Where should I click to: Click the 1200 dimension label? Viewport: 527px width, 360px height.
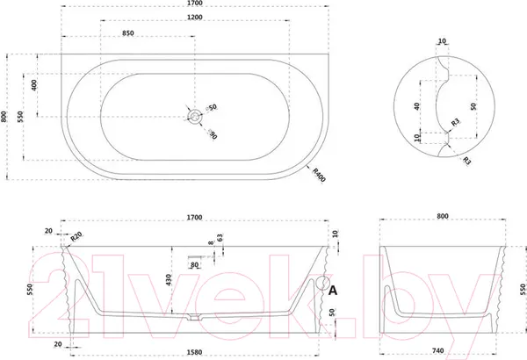click(195, 18)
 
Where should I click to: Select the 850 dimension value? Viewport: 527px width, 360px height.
click(127, 33)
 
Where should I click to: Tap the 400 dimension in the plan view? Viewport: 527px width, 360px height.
click(34, 85)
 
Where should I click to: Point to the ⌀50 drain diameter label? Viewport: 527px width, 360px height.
click(212, 108)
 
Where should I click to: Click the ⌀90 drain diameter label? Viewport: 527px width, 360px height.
click(213, 133)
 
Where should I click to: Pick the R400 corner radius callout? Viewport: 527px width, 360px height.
click(319, 175)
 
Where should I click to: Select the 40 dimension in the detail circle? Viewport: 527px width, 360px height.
click(416, 106)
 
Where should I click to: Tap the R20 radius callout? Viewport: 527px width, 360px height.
click(76, 237)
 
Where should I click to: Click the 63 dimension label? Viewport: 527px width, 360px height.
click(220, 238)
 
